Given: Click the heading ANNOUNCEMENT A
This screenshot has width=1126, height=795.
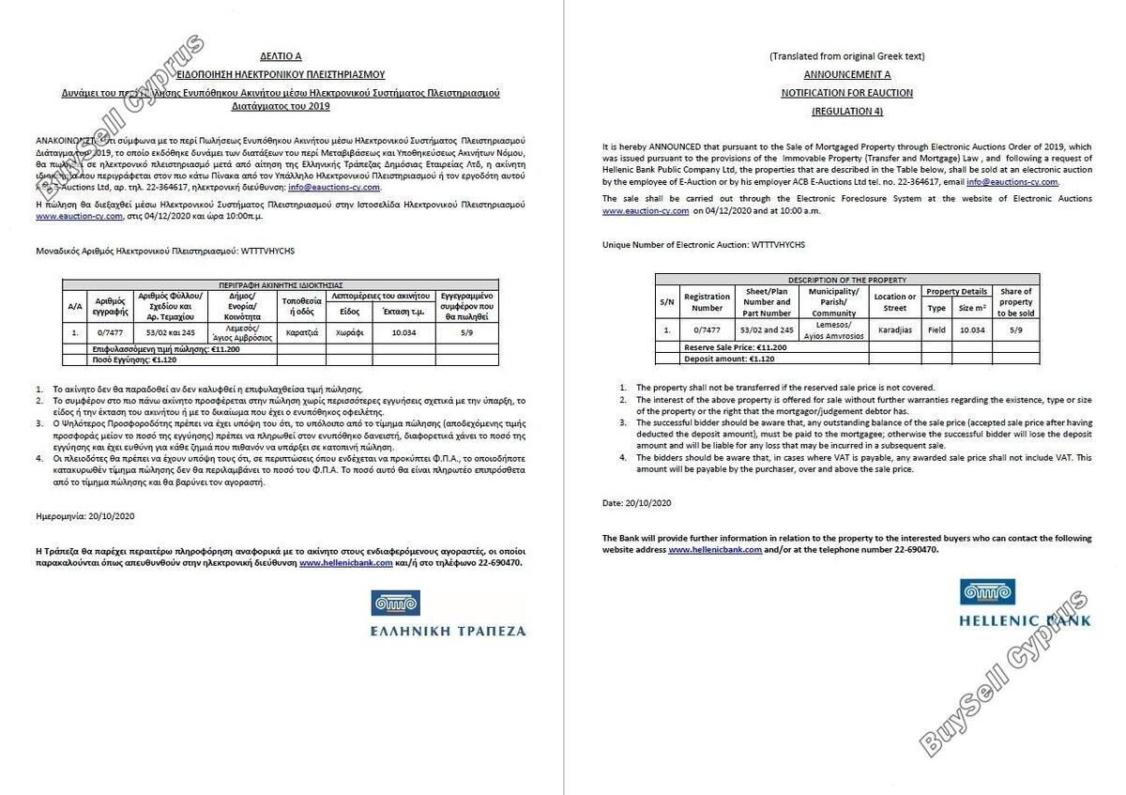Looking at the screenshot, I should tap(847, 74).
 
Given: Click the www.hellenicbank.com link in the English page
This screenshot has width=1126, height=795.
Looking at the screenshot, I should tap(715, 549).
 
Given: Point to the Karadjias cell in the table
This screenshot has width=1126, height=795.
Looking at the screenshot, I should tap(895, 329).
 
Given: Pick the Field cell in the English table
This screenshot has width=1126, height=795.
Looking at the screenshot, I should tap(936, 329).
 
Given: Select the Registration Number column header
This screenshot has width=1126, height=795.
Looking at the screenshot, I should tap(707, 302).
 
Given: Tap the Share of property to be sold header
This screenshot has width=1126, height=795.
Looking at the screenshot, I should tap(1015, 302).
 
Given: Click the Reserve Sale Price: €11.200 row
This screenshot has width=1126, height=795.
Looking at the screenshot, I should tap(736, 347).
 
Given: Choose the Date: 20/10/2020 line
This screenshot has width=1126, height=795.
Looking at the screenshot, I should tap(637, 503).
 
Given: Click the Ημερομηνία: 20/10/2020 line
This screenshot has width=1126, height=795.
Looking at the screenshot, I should tap(85, 515).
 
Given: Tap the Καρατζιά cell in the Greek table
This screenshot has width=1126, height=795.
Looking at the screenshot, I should tap(301, 331).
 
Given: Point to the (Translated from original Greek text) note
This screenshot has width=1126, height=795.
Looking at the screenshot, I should tap(847, 56).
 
